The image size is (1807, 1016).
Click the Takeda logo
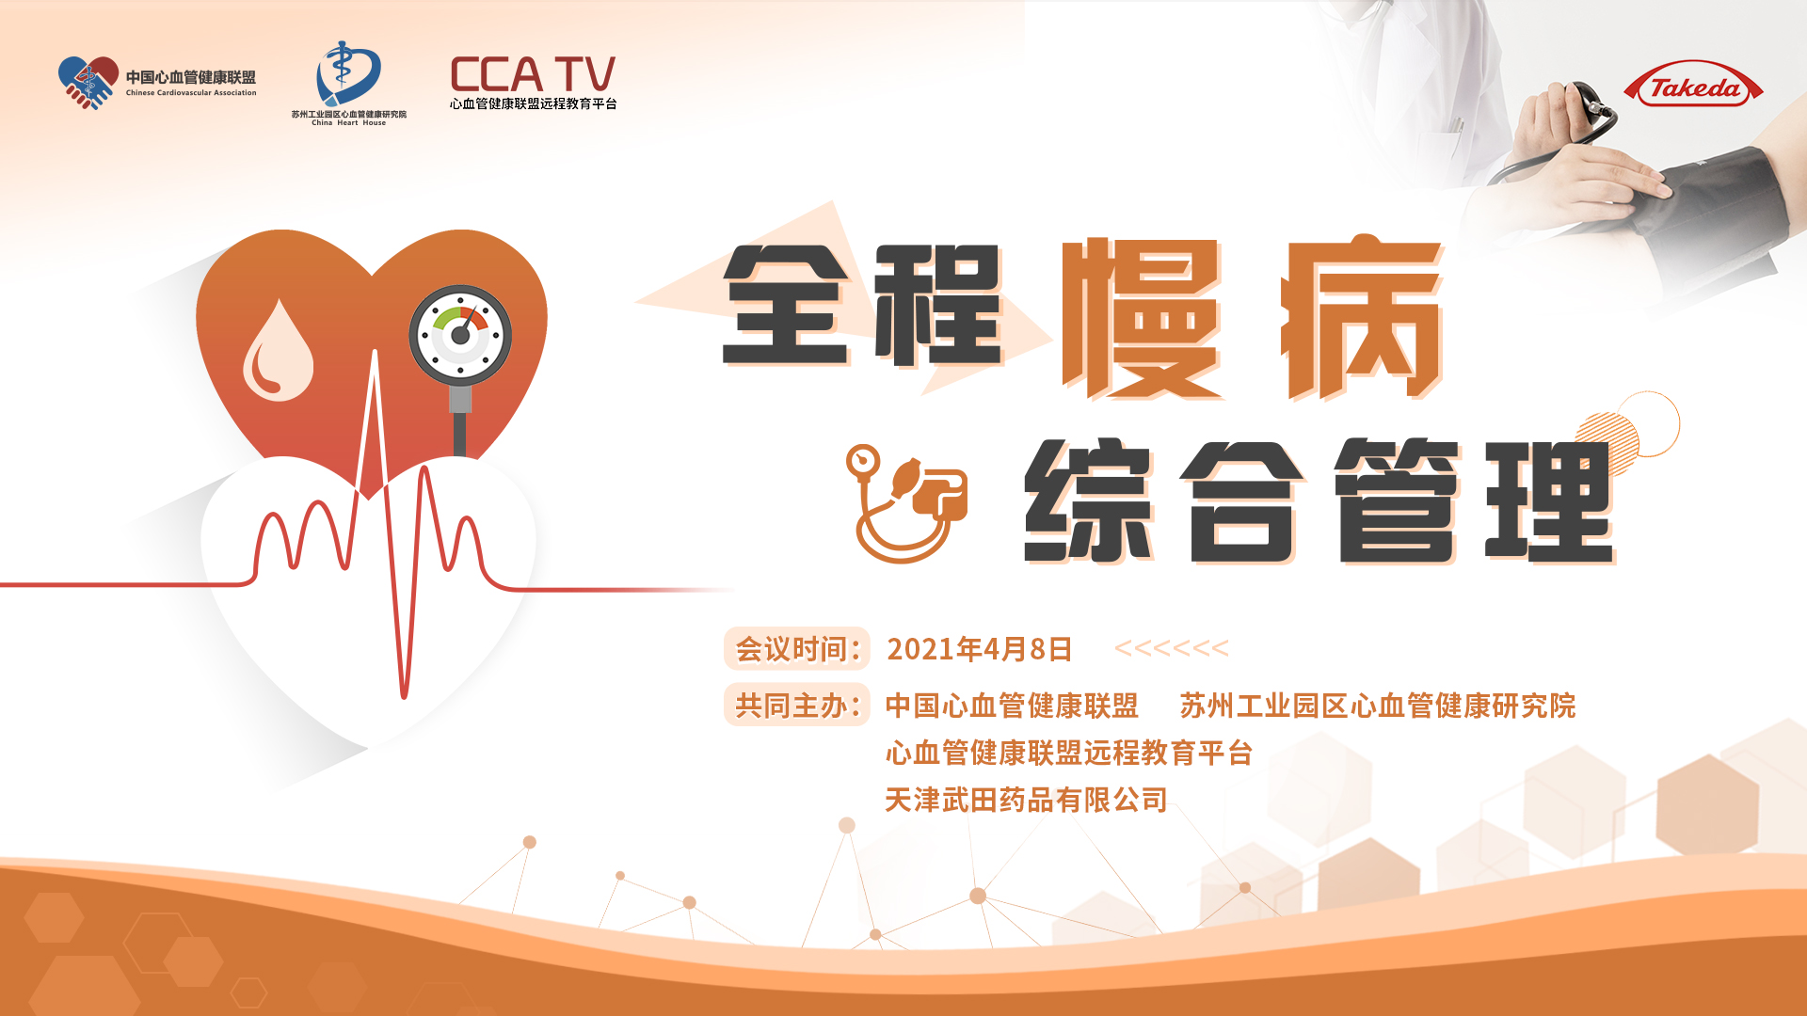[x=1693, y=87]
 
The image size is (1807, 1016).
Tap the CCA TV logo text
[x=533, y=74]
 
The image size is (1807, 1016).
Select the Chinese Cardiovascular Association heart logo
[x=88, y=83]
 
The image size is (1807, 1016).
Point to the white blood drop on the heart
[x=278, y=350]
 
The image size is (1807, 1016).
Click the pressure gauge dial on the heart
[x=460, y=336]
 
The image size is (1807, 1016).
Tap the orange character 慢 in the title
[x=1142, y=318]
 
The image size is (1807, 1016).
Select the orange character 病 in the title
[x=1362, y=318]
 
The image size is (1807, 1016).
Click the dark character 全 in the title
[x=788, y=305]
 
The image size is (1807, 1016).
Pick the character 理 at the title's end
[x=1549, y=500]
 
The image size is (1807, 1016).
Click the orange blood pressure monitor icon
[x=905, y=503]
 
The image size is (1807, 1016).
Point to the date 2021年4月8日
[x=980, y=649]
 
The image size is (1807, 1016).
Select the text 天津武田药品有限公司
[x=1027, y=801]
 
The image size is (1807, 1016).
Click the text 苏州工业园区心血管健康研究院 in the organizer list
[x=1378, y=706]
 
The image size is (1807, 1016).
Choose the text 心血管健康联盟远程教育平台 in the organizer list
[x=1069, y=753]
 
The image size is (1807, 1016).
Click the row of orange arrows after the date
[x=1172, y=648]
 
